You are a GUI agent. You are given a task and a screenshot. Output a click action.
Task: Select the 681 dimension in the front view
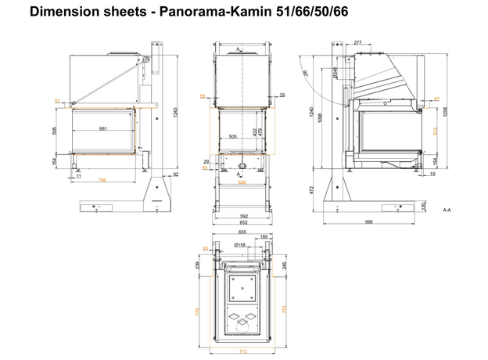coord(102,128)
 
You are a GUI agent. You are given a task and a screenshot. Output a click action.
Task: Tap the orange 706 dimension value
coord(102,181)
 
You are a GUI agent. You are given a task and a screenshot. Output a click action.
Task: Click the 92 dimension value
coord(175,175)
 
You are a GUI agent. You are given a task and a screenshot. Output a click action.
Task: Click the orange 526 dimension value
coord(242,182)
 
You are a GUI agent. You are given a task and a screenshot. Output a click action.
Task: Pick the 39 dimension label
coord(282,95)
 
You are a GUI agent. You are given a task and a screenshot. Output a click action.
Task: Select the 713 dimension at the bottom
coord(242,351)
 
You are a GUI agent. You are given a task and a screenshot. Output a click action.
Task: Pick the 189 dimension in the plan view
coord(264,237)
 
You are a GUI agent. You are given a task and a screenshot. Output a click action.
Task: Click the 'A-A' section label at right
coord(447,210)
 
